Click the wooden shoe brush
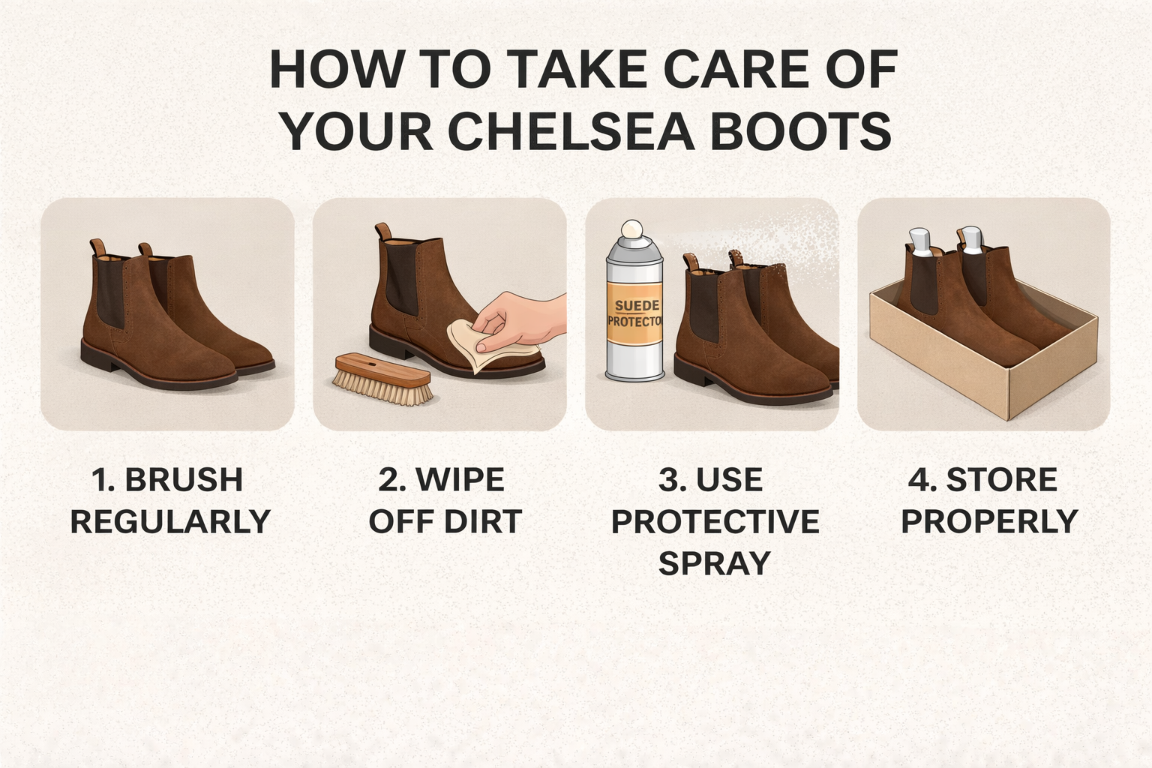point(383,379)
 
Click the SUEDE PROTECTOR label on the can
point(634,313)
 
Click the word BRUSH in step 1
point(183,480)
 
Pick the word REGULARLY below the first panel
point(170,522)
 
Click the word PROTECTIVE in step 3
point(715,522)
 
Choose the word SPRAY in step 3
point(714,563)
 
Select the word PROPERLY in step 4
point(989,522)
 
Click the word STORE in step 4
point(1001,480)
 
